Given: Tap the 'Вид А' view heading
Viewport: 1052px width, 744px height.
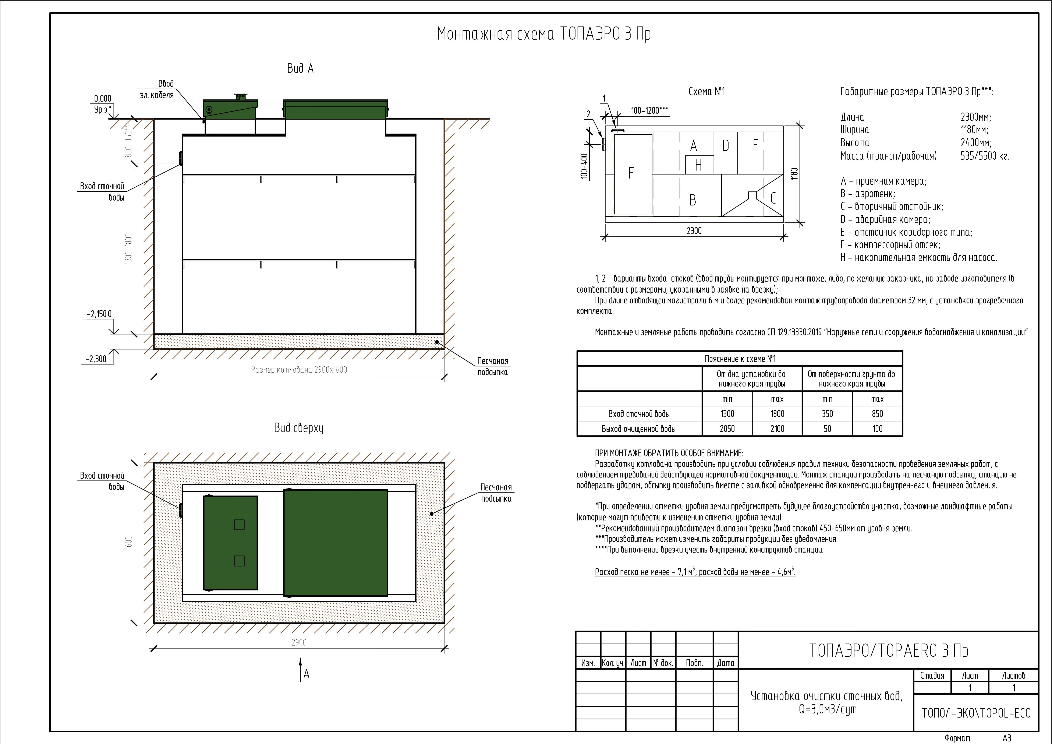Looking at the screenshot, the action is point(300,69).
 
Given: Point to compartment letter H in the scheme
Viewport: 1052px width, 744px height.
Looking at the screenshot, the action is point(698,165).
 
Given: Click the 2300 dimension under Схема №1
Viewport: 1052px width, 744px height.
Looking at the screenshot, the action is point(694,231).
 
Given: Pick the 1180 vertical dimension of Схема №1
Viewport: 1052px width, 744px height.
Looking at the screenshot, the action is point(794,174).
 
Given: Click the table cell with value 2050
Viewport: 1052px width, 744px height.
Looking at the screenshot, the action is point(727,429).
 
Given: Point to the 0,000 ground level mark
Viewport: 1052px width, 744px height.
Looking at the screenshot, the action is point(103,99).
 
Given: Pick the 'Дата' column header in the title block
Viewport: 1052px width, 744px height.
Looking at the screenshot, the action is point(726,663).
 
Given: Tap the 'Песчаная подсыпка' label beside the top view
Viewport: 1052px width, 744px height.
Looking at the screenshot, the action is point(496,493).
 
